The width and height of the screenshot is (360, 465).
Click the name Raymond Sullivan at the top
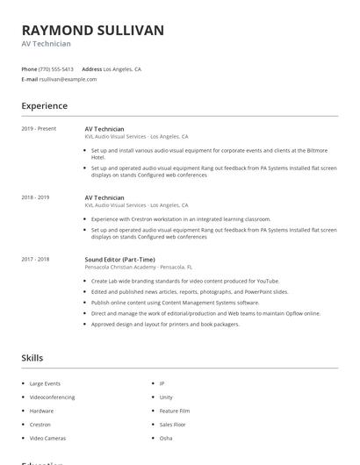click(x=92, y=30)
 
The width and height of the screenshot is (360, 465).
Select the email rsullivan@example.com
click(x=68, y=79)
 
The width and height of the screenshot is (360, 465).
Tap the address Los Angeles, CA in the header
click(x=122, y=68)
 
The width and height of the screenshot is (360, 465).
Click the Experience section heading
click(x=44, y=106)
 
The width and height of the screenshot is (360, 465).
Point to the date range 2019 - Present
click(x=39, y=129)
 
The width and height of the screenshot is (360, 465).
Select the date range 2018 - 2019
click(x=35, y=197)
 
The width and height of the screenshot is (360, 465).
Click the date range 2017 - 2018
click(x=35, y=260)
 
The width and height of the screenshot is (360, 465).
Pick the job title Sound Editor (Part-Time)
click(x=119, y=260)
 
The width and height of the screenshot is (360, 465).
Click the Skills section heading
click(x=32, y=358)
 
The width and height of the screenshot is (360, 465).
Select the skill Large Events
click(x=44, y=383)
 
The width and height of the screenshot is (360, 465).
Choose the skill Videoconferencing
click(x=52, y=397)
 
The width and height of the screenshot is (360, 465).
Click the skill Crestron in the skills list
click(x=40, y=424)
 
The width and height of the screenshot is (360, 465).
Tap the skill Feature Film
click(x=174, y=411)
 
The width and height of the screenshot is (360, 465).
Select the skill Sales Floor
click(x=172, y=424)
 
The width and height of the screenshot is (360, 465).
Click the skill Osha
click(x=165, y=437)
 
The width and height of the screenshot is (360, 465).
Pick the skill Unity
click(x=165, y=397)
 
